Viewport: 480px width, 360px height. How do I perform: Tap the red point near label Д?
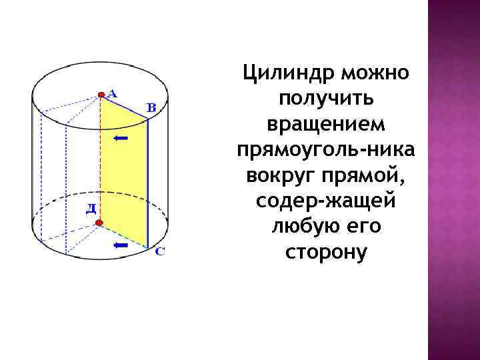tap(99, 223)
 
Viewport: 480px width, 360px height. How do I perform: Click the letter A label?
tap(112, 94)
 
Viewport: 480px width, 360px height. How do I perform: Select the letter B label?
tap(151, 107)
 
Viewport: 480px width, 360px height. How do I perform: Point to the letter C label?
tap(160, 252)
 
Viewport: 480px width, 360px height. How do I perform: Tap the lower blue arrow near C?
tap(121, 245)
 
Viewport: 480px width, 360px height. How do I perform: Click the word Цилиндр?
tap(287, 72)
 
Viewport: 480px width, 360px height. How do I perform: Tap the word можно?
tap(374, 72)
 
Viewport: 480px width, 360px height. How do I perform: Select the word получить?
tap(326, 98)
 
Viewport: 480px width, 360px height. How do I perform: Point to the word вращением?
tap(325, 123)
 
